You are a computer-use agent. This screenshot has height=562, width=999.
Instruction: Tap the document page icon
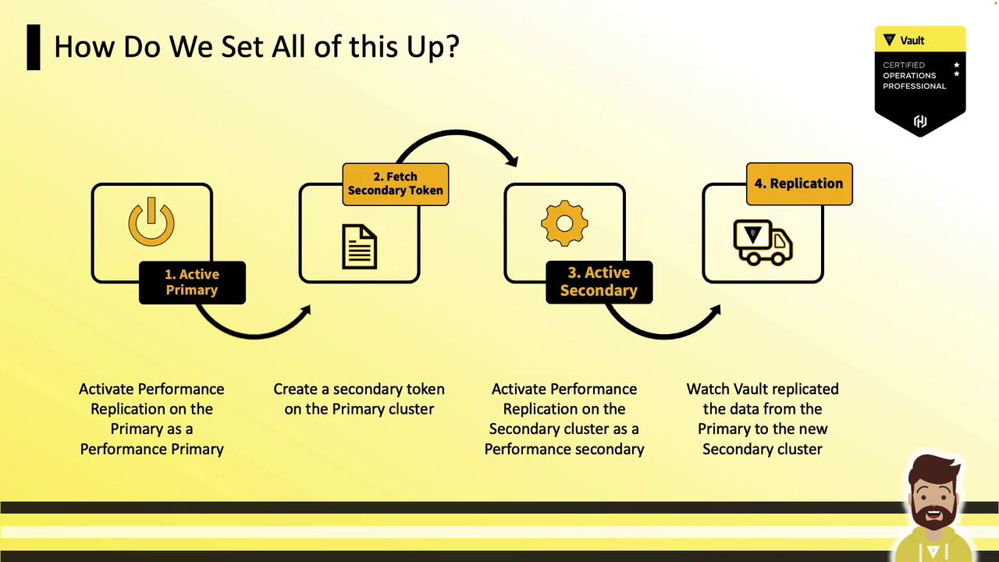click(360, 247)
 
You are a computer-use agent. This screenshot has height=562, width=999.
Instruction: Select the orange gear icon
click(564, 223)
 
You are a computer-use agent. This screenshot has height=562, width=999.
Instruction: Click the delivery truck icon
click(763, 243)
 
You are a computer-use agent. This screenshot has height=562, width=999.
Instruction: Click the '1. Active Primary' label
click(192, 283)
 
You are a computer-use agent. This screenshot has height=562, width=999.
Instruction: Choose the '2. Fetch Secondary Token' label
click(396, 183)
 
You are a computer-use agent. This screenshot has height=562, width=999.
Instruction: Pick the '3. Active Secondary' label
click(599, 282)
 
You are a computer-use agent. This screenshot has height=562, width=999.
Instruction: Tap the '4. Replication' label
click(799, 183)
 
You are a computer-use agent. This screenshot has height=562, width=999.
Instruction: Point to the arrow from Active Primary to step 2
click(254, 336)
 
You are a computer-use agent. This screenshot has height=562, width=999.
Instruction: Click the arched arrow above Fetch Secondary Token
click(456, 132)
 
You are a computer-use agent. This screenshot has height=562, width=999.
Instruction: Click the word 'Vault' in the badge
click(912, 41)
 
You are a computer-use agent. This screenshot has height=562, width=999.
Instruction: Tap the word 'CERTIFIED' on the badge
click(904, 65)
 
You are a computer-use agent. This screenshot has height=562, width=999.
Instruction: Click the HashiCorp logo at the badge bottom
click(920, 121)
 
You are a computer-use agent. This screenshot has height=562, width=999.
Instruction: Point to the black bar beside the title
click(34, 48)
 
